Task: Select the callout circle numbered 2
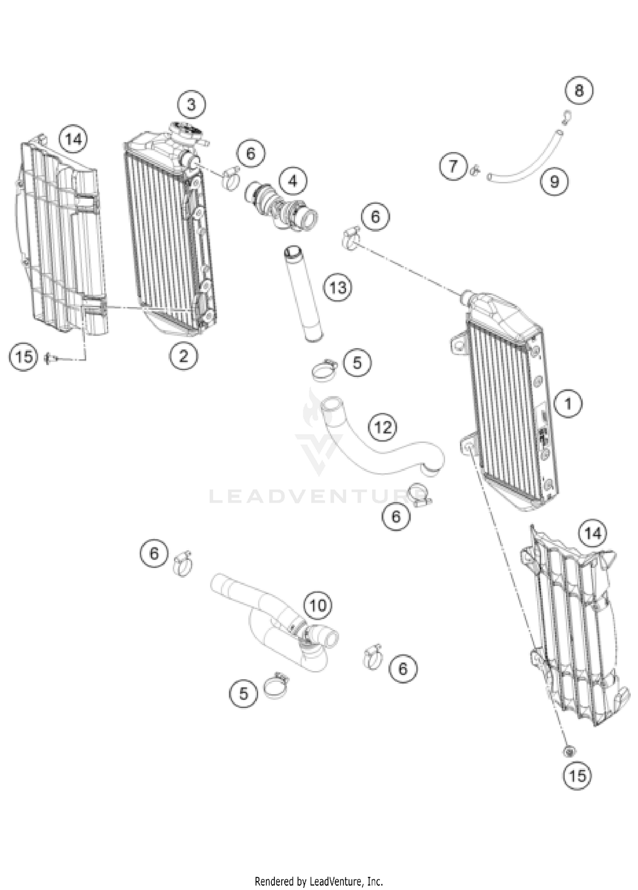point(183,356)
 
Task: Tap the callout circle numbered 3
point(191,104)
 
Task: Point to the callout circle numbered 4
point(293,181)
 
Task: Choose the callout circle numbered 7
point(453,166)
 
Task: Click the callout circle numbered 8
point(579,90)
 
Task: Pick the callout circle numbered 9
point(554,181)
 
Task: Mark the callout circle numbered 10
point(318,605)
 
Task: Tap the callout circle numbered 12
point(383,427)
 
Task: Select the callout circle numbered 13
point(338,288)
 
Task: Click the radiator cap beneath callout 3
point(186,129)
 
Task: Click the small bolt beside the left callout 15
point(48,358)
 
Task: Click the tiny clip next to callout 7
point(475,170)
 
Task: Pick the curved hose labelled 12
point(383,457)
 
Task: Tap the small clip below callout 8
point(566,116)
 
